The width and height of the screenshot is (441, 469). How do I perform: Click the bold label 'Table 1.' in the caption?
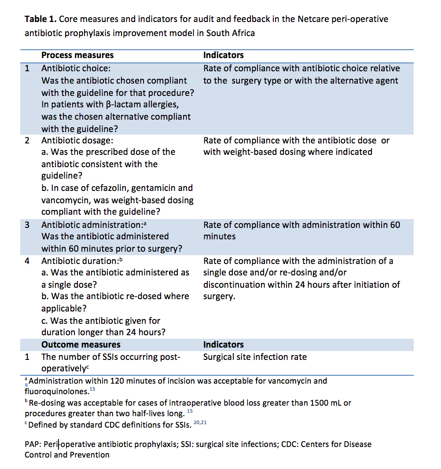coord(40,19)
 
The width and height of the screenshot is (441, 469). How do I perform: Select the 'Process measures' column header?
coord(77,55)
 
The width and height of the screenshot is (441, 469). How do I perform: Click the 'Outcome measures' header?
coord(81,344)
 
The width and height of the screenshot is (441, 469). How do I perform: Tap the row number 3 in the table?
coord(27,225)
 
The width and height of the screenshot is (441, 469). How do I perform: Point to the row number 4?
coord(27,261)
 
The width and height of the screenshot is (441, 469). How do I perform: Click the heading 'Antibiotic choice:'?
coord(76,69)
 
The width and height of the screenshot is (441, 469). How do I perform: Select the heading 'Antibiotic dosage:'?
coord(77,141)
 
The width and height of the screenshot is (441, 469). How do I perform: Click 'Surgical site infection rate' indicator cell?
coord(255,357)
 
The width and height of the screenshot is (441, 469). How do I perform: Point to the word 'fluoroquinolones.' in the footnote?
coord(57,391)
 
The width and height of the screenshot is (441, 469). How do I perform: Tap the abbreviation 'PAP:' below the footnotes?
coord(33,444)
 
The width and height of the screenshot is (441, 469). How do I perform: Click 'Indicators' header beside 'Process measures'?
coord(223,55)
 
